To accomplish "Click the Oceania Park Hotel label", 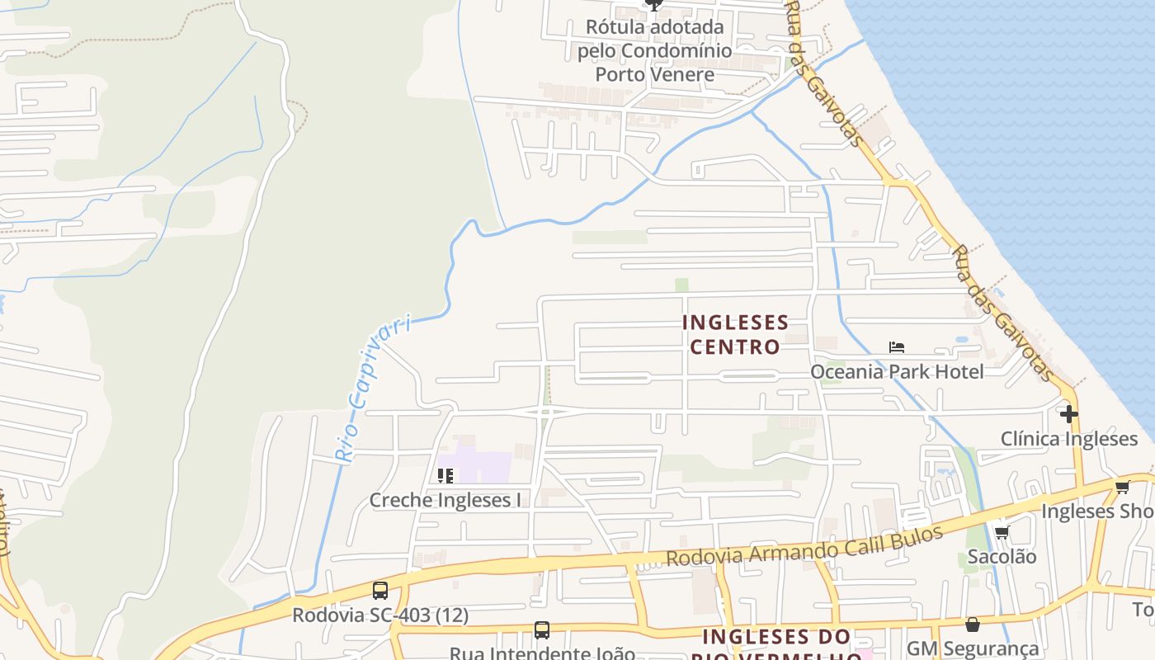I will click(897, 372).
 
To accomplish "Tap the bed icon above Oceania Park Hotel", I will click(897, 347).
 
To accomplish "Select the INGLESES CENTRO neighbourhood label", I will click(735, 334).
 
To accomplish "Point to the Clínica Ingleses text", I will click(1069, 438).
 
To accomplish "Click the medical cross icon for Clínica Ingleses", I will click(1069, 413).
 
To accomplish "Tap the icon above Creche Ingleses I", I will click(445, 476).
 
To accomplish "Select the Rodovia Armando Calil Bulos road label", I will click(804, 546).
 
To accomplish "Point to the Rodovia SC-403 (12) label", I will click(380, 615).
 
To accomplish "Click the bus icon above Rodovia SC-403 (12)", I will click(380, 591).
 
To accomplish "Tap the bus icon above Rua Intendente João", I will click(542, 630).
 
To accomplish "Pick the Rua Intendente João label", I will click(542, 653).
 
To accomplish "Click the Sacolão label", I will click(1002, 557).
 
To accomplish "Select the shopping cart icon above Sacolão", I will click(1002, 533).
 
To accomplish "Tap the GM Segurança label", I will click(973, 649).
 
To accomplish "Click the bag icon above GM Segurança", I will click(973, 625).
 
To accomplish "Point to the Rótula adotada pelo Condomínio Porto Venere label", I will click(654, 50).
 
